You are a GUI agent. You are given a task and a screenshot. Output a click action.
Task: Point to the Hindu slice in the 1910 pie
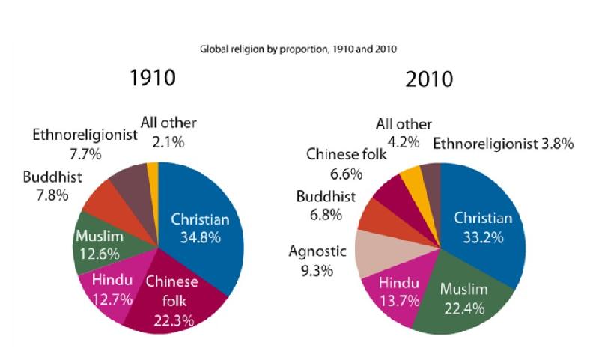pyautogui.click(x=112, y=288)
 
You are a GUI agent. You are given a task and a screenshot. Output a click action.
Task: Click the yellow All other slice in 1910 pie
pyautogui.click(x=153, y=172)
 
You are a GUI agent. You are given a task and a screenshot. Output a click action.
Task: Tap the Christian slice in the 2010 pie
pyautogui.click(x=479, y=225)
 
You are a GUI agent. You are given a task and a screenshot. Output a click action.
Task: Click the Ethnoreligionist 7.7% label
pyautogui.click(x=84, y=144)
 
